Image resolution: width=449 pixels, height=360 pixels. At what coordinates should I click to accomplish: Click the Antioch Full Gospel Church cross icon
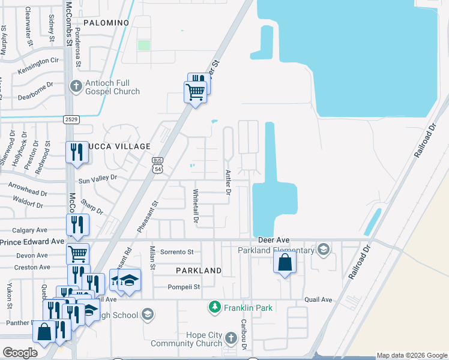tap(76, 86)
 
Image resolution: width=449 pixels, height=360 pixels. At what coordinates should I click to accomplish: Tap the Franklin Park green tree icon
tap(214, 308)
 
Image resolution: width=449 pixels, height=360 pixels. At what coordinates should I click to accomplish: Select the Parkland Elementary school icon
tap(324, 250)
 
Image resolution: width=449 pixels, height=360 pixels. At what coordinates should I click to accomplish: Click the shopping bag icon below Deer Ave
tap(285, 262)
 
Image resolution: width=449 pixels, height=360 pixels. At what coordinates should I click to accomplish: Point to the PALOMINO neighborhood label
tap(106, 22)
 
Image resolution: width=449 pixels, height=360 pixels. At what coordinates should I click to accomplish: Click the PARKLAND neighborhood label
tap(199, 271)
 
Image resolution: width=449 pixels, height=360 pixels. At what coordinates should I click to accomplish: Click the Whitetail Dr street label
tap(195, 206)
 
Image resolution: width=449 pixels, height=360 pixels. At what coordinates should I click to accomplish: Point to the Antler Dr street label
tap(228, 182)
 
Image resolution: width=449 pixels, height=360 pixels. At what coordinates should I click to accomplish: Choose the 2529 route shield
tap(71, 119)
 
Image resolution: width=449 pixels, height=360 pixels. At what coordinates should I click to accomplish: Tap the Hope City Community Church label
tap(187, 339)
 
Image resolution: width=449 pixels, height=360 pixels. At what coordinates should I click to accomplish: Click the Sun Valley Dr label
tap(97, 178)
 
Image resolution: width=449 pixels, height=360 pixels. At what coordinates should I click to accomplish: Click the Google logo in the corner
tap(20, 353)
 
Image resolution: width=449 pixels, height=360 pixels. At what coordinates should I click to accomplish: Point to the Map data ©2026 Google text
tap(412, 356)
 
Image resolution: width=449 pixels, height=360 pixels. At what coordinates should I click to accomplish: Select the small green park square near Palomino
tap(143, 45)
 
